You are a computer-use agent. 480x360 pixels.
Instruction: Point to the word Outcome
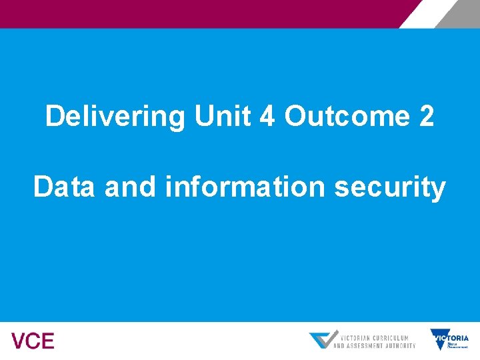[x=347, y=117]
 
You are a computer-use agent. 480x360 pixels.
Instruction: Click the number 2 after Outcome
[x=426, y=117]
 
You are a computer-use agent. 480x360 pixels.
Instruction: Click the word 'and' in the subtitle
[x=130, y=187]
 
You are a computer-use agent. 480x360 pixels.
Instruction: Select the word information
[x=246, y=187]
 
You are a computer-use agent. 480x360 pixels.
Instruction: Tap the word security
[x=390, y=187]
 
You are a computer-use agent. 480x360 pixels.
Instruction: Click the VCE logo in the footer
[x=33, y=341]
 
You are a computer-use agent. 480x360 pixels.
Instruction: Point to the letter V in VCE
[x=19, y=341]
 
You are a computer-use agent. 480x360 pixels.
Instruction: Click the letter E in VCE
[x=47, y=341]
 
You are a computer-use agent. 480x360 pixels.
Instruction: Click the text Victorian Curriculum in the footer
[x=374, y=337]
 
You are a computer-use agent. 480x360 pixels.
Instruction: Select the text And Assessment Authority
[x=374, y=345]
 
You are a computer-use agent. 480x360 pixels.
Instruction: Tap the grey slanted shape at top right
[x=460, y=13]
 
